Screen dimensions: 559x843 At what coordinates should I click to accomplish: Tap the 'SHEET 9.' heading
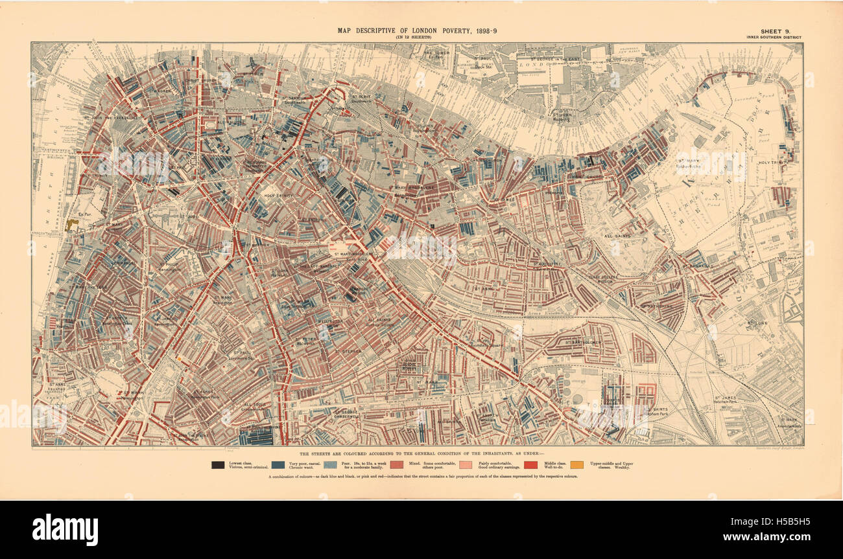coord(775,30)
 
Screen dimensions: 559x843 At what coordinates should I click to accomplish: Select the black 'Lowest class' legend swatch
coord(217,464)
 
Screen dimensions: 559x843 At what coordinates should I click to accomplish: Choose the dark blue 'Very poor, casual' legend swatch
coord(278,464)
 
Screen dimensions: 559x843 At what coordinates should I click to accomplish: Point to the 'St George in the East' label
coord(552,59)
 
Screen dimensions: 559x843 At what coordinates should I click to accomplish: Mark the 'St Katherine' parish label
coord(655,306)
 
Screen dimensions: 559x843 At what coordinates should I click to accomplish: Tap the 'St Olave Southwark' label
coord(361,98)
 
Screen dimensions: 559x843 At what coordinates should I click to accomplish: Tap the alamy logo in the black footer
coord(65,529)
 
